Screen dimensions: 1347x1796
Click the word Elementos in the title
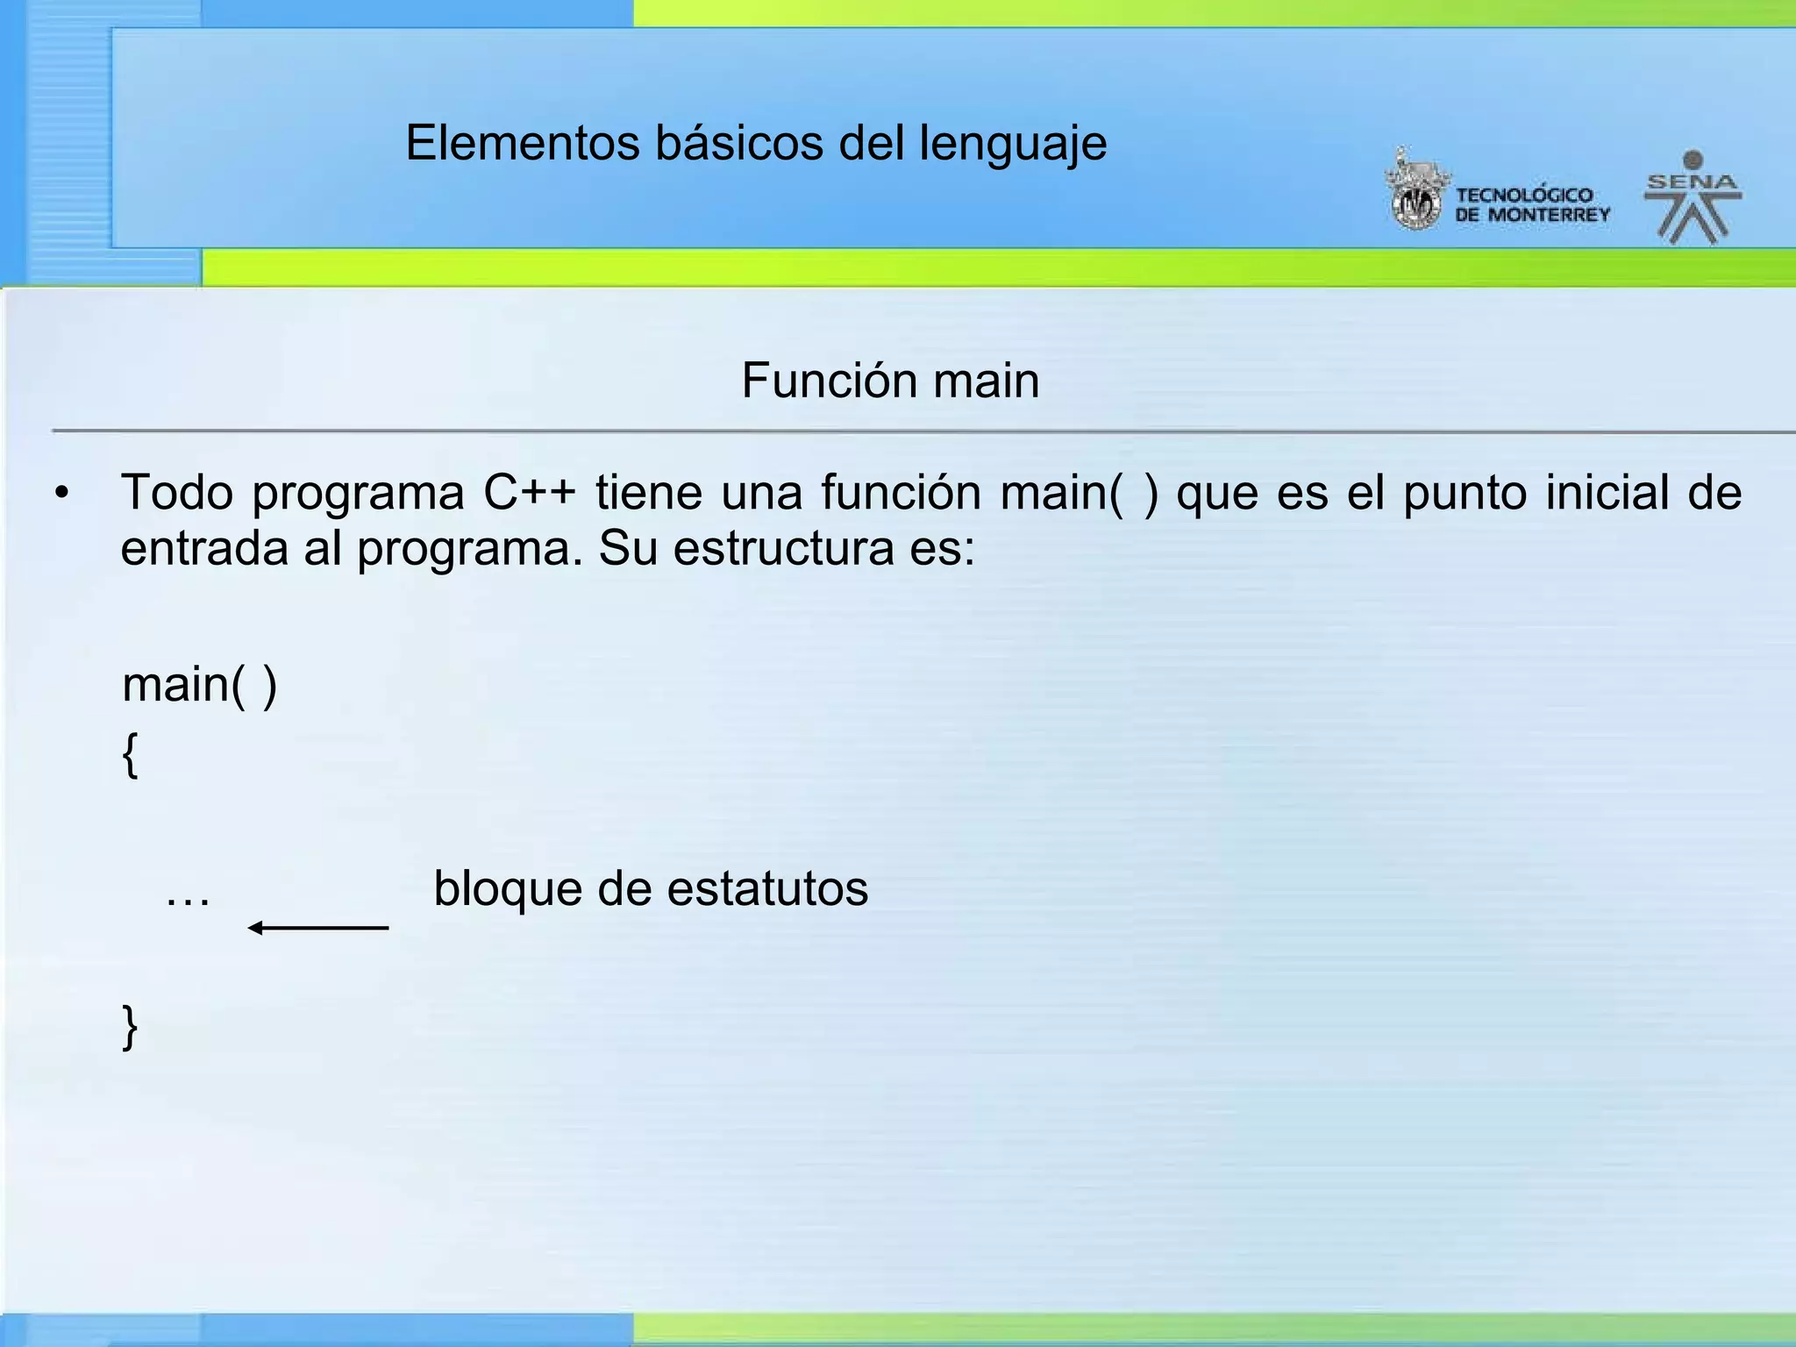522,143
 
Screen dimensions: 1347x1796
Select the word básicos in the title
738,143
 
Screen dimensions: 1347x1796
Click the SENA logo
1692,197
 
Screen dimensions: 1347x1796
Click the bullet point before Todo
61,494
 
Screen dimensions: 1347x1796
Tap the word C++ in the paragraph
529,492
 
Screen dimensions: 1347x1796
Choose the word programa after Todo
358,494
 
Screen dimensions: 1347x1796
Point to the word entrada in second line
203,549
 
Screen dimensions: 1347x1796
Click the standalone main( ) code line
199,685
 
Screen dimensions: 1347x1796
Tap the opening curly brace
130,754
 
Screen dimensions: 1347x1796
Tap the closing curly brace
130,1026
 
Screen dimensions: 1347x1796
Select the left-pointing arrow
317,927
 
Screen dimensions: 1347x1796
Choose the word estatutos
767,888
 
